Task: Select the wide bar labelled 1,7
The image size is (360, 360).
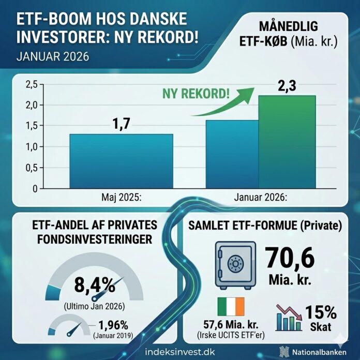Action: tap(122, 161)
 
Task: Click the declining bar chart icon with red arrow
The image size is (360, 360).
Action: tap(289, 317)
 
